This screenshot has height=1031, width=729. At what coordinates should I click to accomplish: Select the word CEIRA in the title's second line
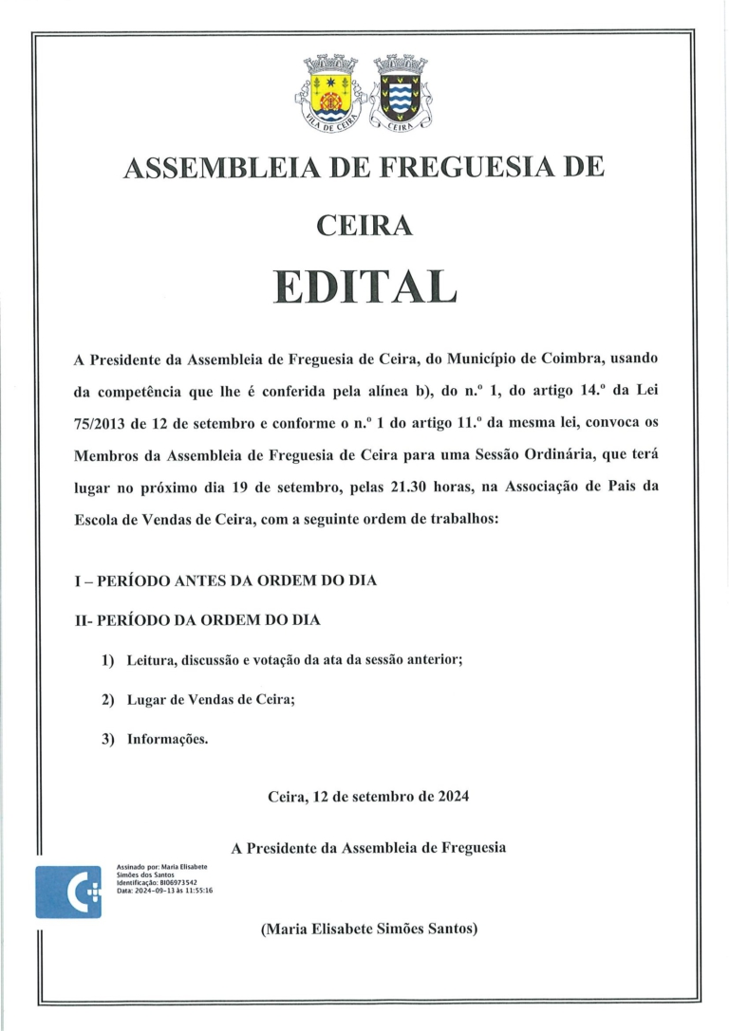pyautogui.click(x=364, y=225)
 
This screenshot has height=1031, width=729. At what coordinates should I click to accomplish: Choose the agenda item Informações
pyautogui.click(x=167, y=738)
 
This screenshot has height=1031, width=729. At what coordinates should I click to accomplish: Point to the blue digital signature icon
pyautogui.click(x=67, y=892)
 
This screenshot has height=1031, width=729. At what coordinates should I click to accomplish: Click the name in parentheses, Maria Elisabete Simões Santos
pyautogui.click(x=368, y=930)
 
